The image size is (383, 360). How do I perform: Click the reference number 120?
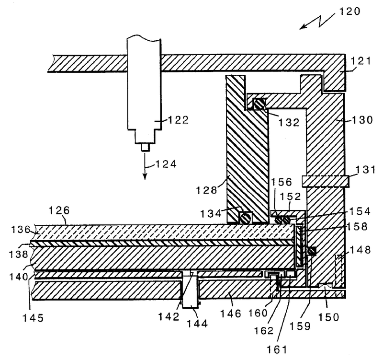349,12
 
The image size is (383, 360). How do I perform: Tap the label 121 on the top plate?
361,61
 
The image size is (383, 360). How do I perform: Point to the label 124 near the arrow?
166,164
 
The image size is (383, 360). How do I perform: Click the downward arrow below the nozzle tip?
145,166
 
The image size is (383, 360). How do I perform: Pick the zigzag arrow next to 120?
317,22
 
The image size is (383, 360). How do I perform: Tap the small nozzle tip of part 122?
146,147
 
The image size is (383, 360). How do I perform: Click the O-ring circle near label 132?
259,105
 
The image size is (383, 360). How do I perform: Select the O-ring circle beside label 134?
245,218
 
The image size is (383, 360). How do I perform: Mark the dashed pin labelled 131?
326,182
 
